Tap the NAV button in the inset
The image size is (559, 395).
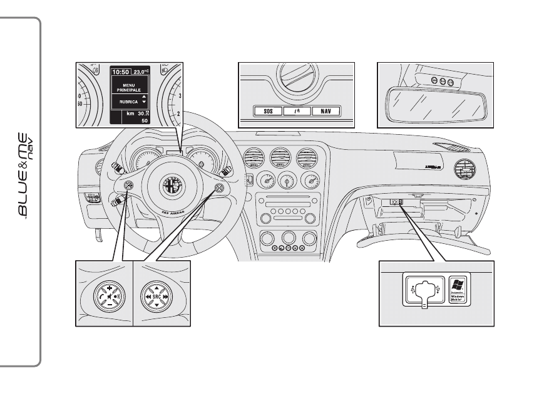325,112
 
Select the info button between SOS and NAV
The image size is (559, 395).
296,112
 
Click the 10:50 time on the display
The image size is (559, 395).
120,72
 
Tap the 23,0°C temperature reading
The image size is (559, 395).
141,72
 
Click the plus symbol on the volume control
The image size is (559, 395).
109,286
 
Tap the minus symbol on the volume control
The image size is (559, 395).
109,302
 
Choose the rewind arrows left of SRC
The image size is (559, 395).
145,294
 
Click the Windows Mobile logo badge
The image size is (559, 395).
458,290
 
